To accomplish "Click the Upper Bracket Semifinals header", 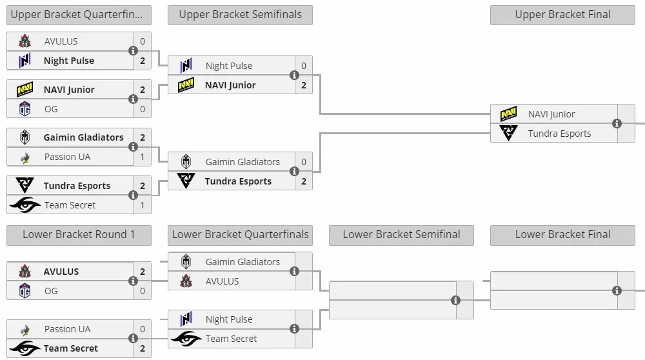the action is pos(240,15).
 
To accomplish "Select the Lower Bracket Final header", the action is pos(562,235).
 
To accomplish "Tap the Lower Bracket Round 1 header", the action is pos(79,235).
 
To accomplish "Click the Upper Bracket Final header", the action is pos(562,15).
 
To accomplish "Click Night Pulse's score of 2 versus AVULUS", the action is pos(143,61).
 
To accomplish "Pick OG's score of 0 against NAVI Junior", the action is pos(143,109).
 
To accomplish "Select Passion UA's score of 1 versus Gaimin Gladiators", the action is pos(143,157).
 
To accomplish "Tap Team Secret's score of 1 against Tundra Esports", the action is pos(143,205).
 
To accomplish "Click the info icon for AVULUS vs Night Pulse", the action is pos(133,50).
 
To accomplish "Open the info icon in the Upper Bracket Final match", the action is pos(617,123).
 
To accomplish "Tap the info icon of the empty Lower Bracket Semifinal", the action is pos(455,301).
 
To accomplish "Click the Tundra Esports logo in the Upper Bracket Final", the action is pos(508,133).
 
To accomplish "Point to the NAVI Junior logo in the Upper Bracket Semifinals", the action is pos(186,85).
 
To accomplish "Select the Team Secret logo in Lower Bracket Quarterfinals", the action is pos(186,339).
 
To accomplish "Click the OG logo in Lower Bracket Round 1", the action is pos(25,291).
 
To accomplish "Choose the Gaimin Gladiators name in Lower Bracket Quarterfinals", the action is pos(243,262).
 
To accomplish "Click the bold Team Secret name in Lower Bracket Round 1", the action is pos(71,348).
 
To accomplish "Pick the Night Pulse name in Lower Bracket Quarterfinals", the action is pos(229,319).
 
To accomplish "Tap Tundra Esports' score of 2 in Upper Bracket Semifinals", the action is pos(304,181).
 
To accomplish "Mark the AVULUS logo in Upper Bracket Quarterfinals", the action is pos(25,41).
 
